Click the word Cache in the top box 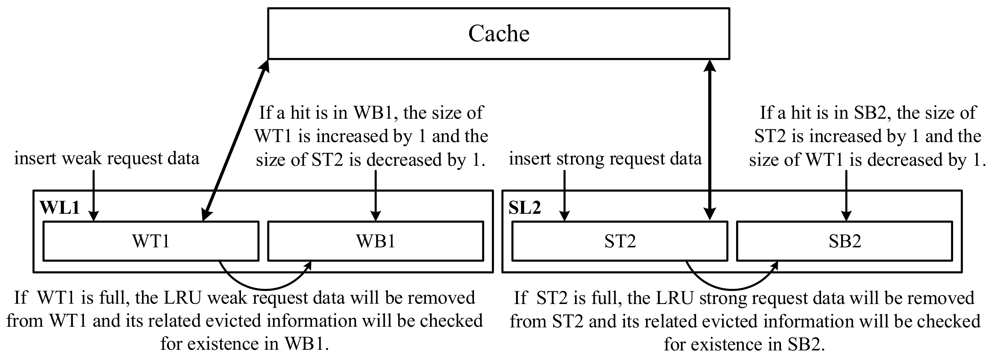pyautogui.click(x=498, y=34)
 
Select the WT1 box pyautogui.click(x=151, y=241)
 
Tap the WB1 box pyautogui.click(x=376, y=241)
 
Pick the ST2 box pyautogui.click(x=620, y=241)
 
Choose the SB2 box pyautogui.click(x=844, y=241)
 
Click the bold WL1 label pyautogui.click(x=60, y=208)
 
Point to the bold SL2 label pyautogui.click(x=524, y=208)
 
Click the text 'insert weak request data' pyautogui.click(x=107, y=158)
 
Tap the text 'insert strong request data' pyautogui.click(x=605, y=158)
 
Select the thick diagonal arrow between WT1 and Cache pyautogui.click(x=236, y=140)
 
